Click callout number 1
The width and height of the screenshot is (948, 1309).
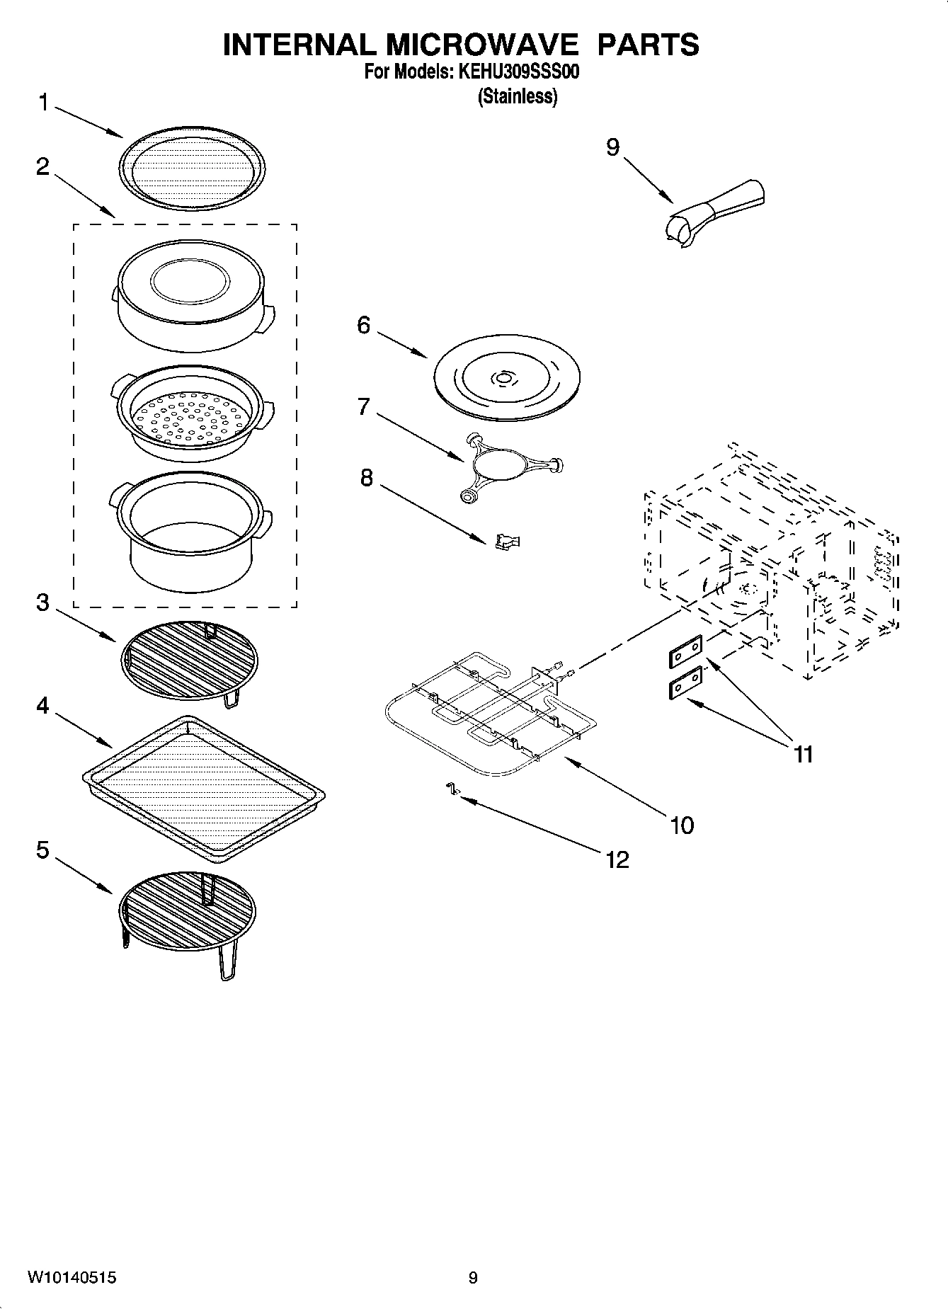[43, 104]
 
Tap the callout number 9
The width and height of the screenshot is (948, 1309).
[612, 147]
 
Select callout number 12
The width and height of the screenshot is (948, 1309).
[617, 859]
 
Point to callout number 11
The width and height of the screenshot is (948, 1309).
[803, 755]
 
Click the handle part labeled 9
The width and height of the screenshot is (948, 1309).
[715, 212]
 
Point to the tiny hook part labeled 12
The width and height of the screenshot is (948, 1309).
[450, 789]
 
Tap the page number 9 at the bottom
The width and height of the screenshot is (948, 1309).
[473, 1278]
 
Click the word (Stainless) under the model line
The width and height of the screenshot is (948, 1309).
[517, 96]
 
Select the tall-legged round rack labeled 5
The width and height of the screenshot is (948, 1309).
[188, 913]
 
